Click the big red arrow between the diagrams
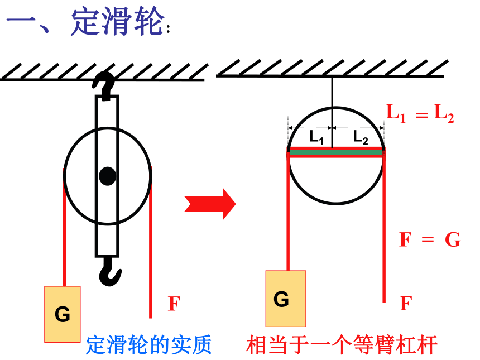click(x=210, y=204)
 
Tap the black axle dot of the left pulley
click(x=108, y=176)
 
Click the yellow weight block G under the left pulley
click(x=63, y=314)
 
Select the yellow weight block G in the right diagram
click(x=286, y=299)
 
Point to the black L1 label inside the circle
click(x=316, y=137)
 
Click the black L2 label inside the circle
click(x=361, y=137)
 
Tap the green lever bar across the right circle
click(x=336, y=152)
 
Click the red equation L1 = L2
click(x=420, y=113)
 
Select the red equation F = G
click(x=430, y=239)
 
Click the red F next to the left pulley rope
click(x=174, y=304)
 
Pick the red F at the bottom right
click(x=406, y=303)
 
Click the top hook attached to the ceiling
click(x=104, y=85)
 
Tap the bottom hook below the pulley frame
click(x=109, y=271)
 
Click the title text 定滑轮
click(x=117, y=21)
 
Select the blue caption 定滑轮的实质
click(x=149, y=345)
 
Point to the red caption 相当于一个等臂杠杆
click(x=342, y=345)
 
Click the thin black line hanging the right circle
click(x=332, y=112)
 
